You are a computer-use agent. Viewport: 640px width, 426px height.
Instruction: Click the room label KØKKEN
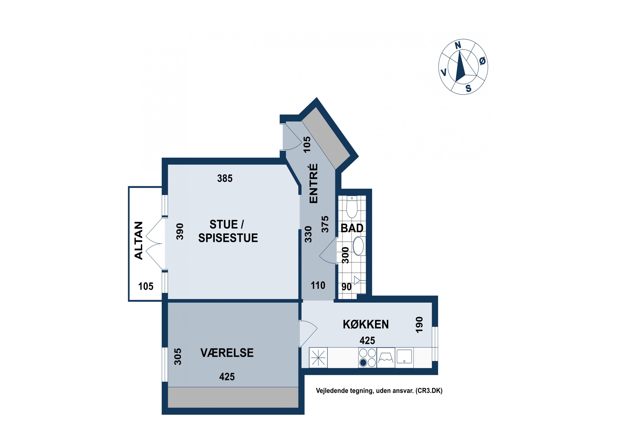pos(365,324)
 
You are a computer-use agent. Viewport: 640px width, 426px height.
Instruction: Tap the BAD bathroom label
pos(352,228)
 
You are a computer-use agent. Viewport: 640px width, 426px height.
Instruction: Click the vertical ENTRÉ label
pos(314,183)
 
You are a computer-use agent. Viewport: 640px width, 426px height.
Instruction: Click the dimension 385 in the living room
pos(225,178)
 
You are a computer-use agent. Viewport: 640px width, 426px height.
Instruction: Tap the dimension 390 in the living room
pos(180,232)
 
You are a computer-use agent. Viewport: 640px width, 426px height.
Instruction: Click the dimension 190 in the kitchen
pos(419,324)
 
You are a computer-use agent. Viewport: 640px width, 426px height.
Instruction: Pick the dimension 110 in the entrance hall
pos(318,285)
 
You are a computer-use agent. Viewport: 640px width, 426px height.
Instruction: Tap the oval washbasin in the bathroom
pos(358,246)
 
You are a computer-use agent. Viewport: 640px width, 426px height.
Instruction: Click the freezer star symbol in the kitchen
pos(318,358)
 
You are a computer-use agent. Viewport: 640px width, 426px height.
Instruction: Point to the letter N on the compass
pos(458,45)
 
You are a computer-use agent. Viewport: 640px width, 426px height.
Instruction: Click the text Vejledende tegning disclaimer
pos(379,391)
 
